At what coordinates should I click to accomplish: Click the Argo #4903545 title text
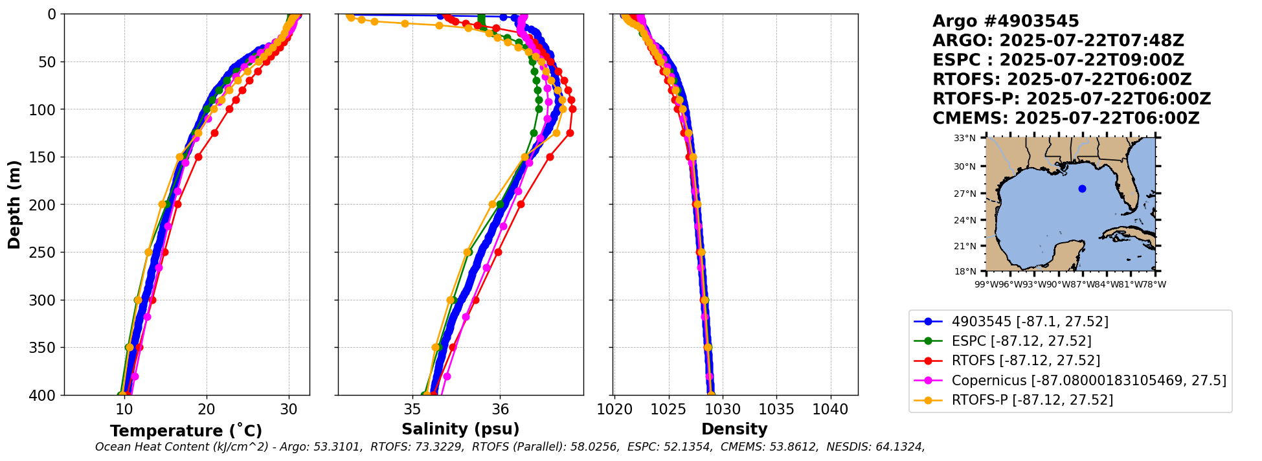[x=1006, y=21]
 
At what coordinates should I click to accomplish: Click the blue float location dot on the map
[x=1082, y=188]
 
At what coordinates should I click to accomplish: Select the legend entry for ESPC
[x=1021, y=341]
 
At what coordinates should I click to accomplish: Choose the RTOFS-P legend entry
[x=1032, y=399]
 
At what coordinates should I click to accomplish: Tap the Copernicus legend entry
[x=1088, y=380]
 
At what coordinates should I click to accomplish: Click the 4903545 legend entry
[x=1030, y=322]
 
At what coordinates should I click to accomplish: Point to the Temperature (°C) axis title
[x=186, y=431]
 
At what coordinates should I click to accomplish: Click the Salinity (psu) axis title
[x=460, y=429]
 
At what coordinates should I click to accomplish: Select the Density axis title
[x=734, y=429]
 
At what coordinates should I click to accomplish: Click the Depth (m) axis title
[x=14, y=204]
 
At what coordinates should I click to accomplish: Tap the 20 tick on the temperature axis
[x=207, y=409]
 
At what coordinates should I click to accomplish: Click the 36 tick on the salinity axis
[x=500, y=409]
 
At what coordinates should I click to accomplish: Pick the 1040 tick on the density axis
[x=830, y=409]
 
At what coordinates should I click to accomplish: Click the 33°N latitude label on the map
[x=964, y=138]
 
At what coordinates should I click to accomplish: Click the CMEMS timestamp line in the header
[x=1066, y=118]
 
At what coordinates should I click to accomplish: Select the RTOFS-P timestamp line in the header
[x=1072, y=99]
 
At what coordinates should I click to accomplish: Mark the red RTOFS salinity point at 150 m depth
[x=550, y=157]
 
